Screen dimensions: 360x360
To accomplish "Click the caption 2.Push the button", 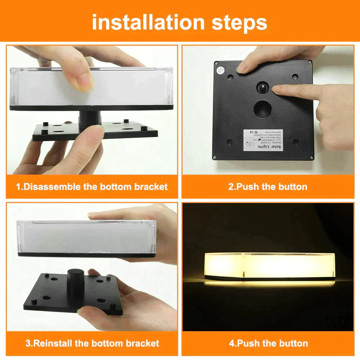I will pos(268,186).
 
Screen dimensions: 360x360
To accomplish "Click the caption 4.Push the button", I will pos(268,343).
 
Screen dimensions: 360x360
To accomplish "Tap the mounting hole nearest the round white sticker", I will pos(230,77).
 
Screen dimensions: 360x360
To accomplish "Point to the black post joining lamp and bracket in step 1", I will pos(90,118).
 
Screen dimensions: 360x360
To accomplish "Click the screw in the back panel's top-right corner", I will pos(309,62).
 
